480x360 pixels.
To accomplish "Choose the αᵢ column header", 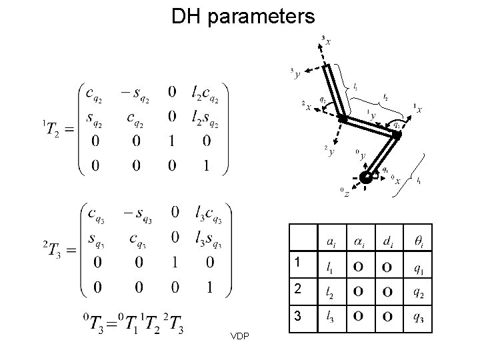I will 359,240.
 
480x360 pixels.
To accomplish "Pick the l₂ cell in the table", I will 330,291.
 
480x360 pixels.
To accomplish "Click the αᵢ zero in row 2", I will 359,291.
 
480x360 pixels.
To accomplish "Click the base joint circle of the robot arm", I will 366,177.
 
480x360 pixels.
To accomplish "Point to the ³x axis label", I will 325,42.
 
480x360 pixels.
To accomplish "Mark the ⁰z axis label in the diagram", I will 344,193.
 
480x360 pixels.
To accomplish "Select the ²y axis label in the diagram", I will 327,151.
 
